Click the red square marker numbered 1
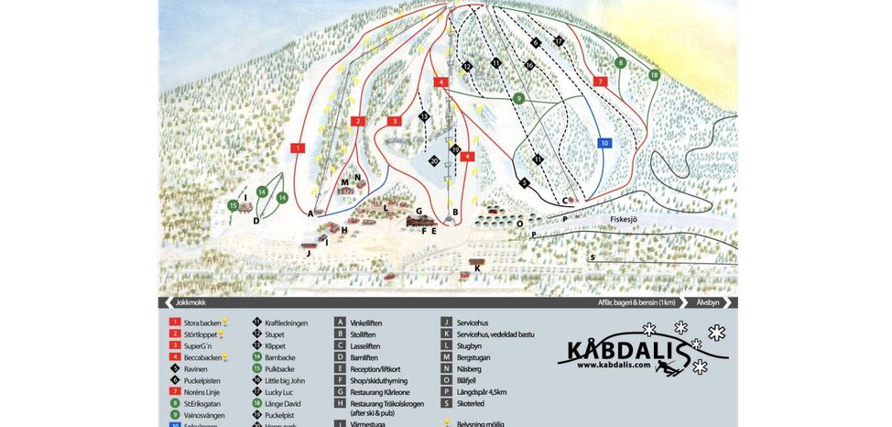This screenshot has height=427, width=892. pos(298,147)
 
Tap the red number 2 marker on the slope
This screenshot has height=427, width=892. pos(359,121)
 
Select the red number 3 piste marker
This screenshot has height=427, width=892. pos(395,121)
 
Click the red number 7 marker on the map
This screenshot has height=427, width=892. pos(601,82)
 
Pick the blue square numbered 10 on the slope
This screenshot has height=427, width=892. pos(604,143)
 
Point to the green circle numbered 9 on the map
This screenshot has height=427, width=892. pos(518,98)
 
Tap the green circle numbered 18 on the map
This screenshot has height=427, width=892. pos(654,74)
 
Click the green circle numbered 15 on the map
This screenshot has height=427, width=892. pos(234,206)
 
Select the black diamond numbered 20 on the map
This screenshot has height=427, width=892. pos(434,160)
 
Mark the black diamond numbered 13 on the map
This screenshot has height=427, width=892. pos(424,117)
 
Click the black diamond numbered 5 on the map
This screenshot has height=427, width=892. pos(525,182)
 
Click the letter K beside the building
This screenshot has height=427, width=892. pos(478,268)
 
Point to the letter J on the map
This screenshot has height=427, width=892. pos(310,253)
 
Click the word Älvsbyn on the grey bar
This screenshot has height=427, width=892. pos(707,302)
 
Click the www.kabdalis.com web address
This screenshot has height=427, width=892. pos(614,365)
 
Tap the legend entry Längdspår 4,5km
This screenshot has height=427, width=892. pos(482,392)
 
